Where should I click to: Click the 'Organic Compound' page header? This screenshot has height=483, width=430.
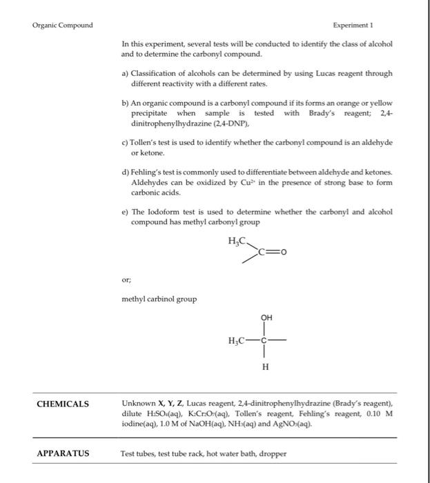point(63,26)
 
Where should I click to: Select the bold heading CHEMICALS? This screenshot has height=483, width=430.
point(63,404)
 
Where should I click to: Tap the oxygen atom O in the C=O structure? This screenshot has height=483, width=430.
point(282,252)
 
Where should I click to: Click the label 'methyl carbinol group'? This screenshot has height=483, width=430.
point(159,299)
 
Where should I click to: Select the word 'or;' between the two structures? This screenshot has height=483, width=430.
point(126,280)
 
